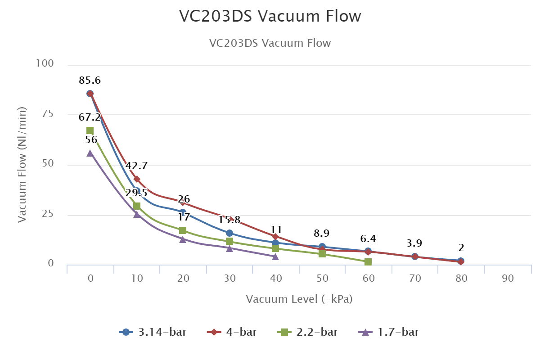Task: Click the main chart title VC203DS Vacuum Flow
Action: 270,16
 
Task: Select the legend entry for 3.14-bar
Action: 153,333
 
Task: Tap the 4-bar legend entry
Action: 232,333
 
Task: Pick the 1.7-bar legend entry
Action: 390,333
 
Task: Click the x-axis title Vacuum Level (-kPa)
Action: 299,299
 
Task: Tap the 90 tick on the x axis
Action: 508,279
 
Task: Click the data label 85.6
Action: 90,81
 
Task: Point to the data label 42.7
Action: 136,166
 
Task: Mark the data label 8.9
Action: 322,233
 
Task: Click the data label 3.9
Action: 414,243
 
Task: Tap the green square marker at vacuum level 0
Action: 90,130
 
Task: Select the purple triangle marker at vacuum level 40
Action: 275,256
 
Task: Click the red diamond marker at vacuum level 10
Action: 137,179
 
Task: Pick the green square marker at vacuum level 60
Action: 368,262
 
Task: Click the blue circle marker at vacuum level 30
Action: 229,233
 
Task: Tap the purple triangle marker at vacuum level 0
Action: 90,153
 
